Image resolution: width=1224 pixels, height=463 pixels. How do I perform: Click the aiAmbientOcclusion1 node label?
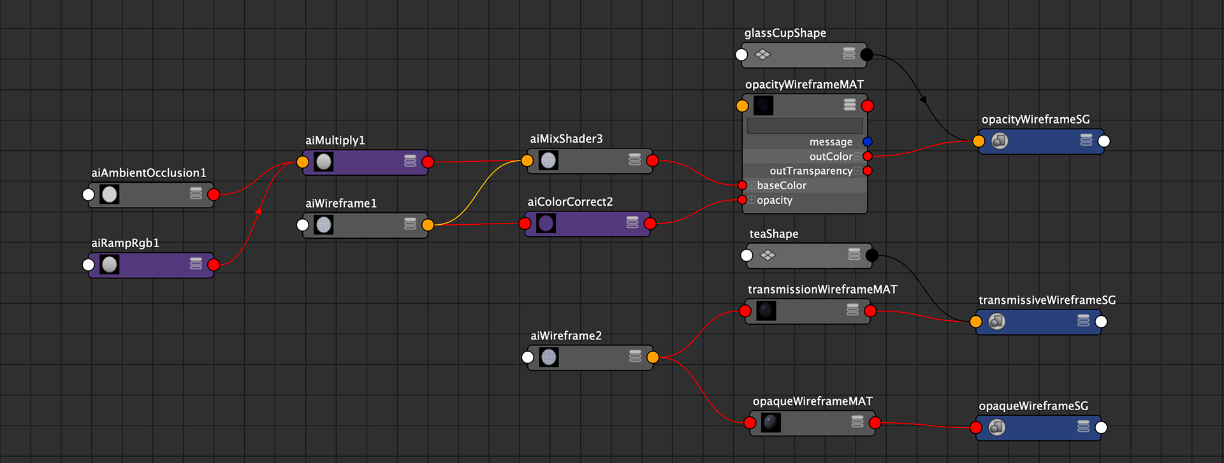pos(149,173)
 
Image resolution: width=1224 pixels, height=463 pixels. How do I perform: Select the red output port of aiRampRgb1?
pos(214,264)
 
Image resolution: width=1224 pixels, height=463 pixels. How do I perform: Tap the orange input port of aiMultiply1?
pos(303,162)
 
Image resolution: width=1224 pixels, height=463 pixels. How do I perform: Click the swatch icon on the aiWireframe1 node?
pos(324,225)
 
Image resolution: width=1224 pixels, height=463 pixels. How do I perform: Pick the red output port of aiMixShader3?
pos(652,160)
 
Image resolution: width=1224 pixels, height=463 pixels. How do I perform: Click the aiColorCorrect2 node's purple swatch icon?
pos(546,224)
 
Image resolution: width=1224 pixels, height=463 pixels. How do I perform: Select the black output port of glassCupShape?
pos(866,55)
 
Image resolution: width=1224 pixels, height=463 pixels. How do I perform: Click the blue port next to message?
pos(867,141)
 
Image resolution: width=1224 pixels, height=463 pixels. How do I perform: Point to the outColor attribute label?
pos(831,157)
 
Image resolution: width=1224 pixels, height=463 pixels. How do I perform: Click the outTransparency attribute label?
pos(810,171)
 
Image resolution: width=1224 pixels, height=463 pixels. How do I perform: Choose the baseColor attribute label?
pos(782,185)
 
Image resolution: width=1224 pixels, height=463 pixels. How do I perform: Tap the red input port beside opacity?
pos(742,200)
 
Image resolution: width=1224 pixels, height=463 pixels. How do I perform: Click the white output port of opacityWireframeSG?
pos(1104,141)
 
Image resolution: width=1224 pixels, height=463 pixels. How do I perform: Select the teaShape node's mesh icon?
pos(768,255)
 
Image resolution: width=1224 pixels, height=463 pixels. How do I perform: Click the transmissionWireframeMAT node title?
pos(822,289)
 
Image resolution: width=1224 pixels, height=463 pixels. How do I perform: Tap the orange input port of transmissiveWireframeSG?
pos(976,322)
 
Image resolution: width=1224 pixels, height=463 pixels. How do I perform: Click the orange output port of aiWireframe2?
pos(652,357)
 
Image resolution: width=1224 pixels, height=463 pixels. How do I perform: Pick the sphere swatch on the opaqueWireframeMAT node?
pos(771,422)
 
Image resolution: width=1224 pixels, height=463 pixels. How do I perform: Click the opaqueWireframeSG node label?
pos(1033,406)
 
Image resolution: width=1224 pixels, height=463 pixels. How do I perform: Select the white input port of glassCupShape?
pos(741,55)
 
